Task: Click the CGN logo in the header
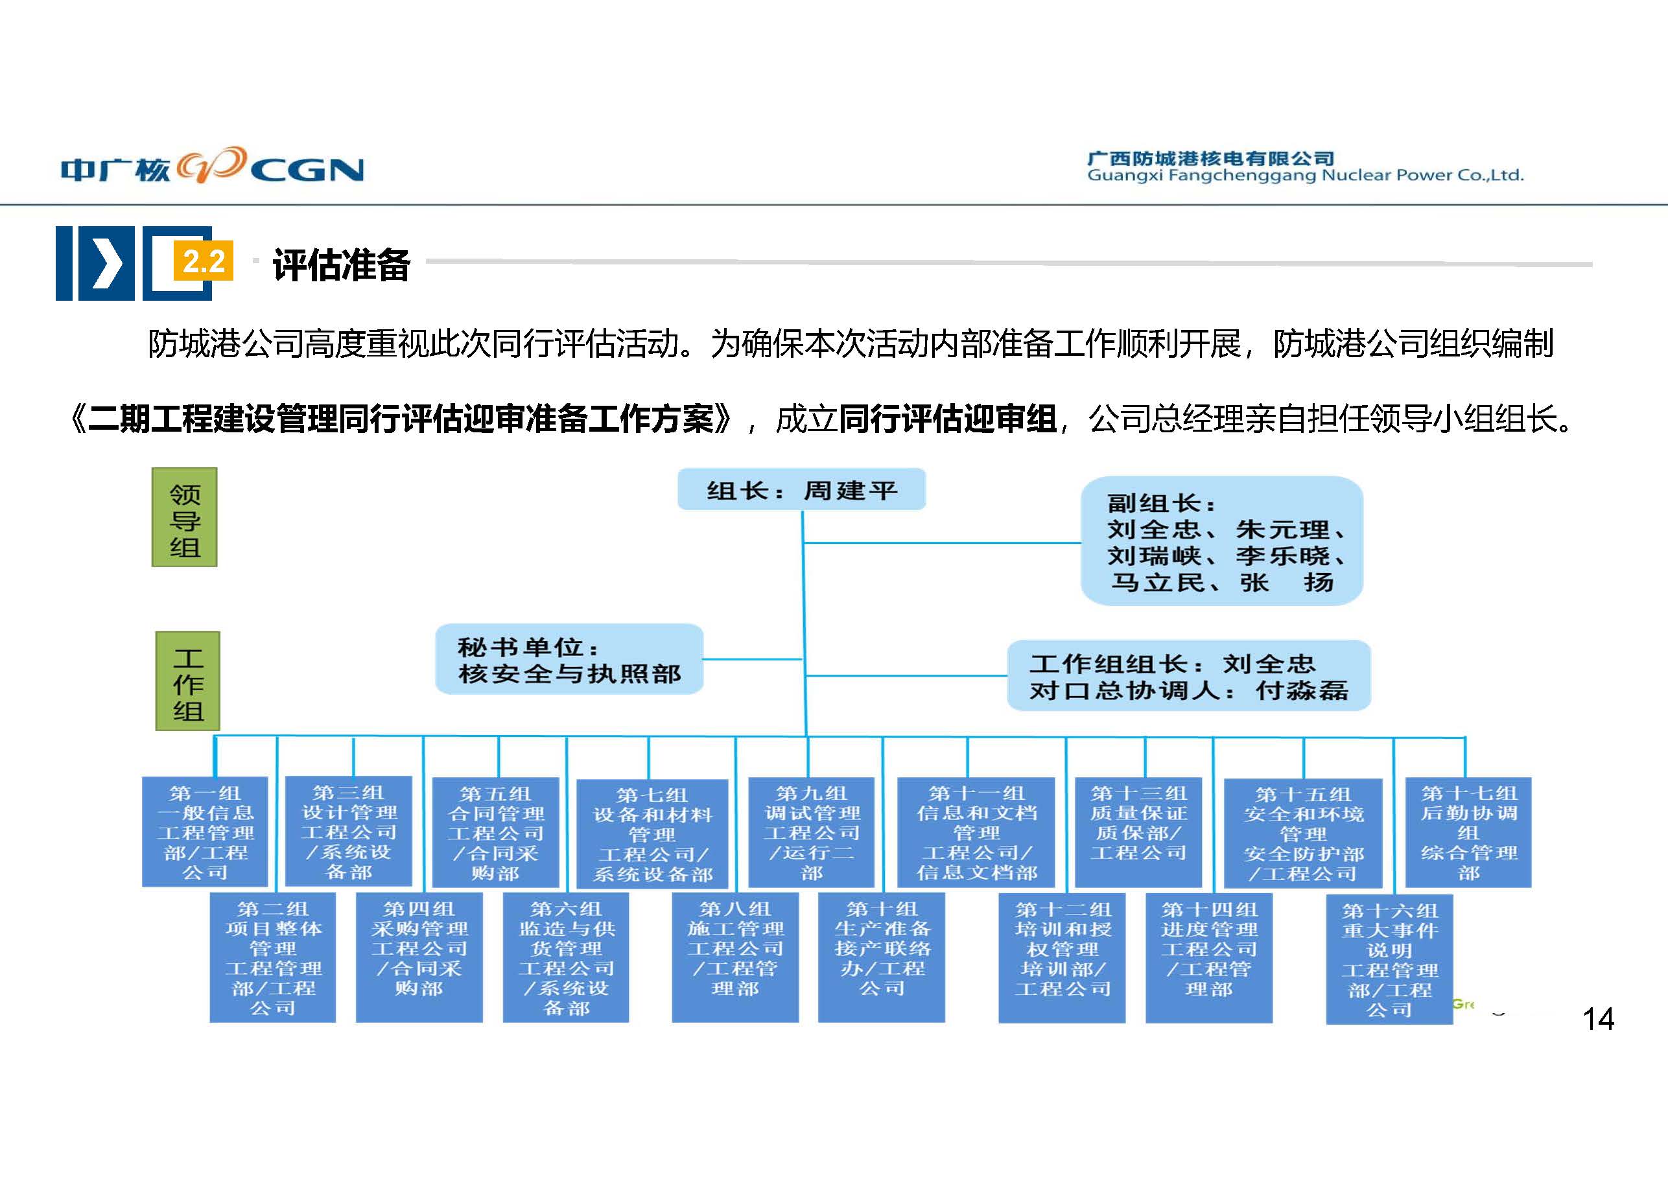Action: pyautogui.click(x=212, y=167)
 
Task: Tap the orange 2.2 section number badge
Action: pyautogui.click(x=204, y=261)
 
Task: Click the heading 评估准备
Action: pyautogui.click(x=342, y=264)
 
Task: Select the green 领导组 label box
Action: pyautogui.click(x=185, y=517)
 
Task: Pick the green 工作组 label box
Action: pyautogui.click(x=187, y=681)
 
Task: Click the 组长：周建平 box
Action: pyautogui.click(x=801, y=489)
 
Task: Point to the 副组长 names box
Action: pyautogui.click(x=1221, y=541)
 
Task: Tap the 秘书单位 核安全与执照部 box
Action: pyautogui.click(x=569, y=660)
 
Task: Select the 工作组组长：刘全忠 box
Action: pyautogui.click(x=1188, y=675)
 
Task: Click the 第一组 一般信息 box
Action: pyautogui.click(x=205, y=832)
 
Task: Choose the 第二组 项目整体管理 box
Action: pyautogui.click(x=273, y=957)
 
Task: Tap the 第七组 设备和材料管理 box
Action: pyautogui.click(x=652, y=834)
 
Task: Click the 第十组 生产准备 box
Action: pyautogui.click(x=881, y=957)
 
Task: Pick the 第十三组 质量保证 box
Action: pyautogui.click(x=1138, y=832)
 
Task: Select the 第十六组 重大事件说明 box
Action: pyautogui.click(x=1389, y=959)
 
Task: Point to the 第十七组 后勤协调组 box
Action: pyautogui.click(x=1468, y=832)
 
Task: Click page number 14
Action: pyautogui.click(x=1598, y=1019)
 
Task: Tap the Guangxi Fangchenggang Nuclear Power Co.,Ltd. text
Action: pyautogui.click(x=1305, y=175)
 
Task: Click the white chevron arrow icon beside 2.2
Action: pyautogui.click(x=106, y=263)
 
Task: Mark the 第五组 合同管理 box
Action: pyautogui.click(x=495, y=832)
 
